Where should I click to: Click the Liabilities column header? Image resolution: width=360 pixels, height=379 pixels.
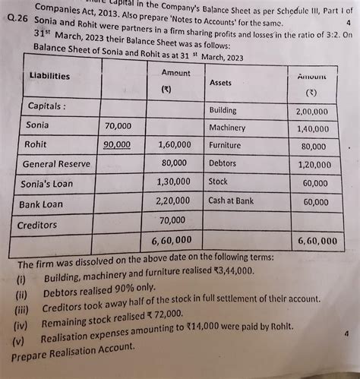click(49, 76)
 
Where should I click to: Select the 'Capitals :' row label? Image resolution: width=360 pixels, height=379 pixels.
click(47, 106)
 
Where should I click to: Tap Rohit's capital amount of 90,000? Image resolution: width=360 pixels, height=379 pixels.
click(117, 144)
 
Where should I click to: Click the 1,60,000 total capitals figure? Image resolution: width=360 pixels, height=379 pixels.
click(174, 144)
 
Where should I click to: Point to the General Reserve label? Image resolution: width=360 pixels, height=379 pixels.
click(56, 163)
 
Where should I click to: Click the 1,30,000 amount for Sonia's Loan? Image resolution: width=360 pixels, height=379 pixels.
click(174, 182)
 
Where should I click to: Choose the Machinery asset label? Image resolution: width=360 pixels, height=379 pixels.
click(227, 128)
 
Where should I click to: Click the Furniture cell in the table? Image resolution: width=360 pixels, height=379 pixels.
click(225, 145)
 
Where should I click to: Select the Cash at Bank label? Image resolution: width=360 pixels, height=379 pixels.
click(231, 201)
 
